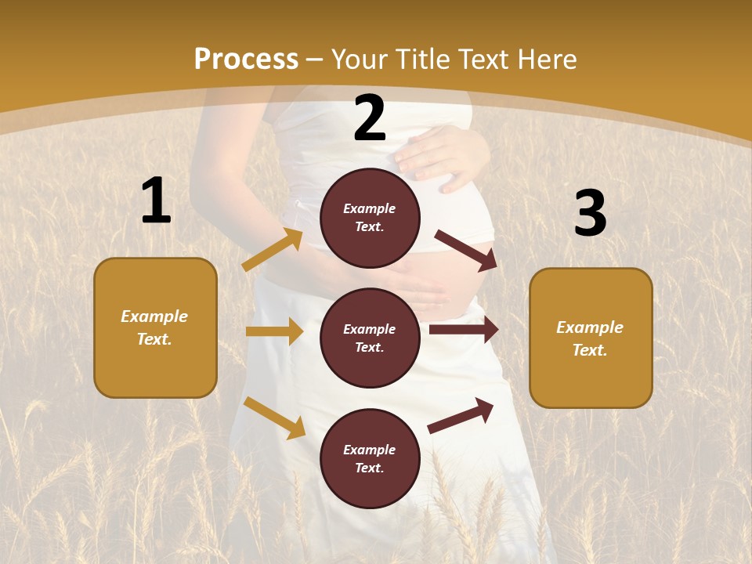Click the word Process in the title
click(x=246, y=59)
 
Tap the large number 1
click(x=156, y=201)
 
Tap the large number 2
click(x=370, y=119)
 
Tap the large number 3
click(x=590, y=213)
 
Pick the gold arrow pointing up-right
click(x=273, y=250)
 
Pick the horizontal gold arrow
click(x=274, y=331)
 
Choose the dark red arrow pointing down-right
click(x=466, y=250)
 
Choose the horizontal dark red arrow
click(x=463, y=330)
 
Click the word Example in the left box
click(x=154, y=316)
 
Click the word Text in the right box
click(x=589, y=350)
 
